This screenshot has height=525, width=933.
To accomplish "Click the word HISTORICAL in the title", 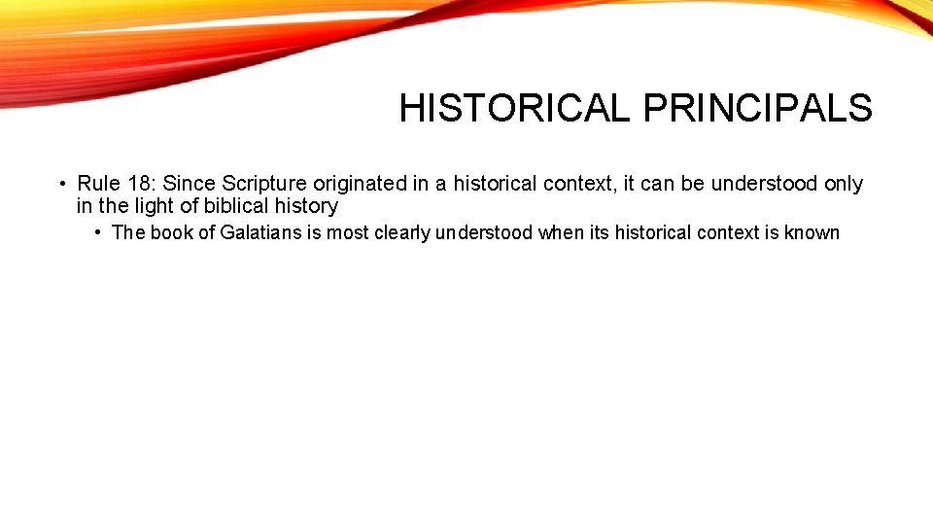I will click(x=514, y=108).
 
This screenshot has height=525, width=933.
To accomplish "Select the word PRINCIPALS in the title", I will click(x=757, y=108).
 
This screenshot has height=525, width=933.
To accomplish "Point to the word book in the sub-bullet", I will click(x=171, y=233).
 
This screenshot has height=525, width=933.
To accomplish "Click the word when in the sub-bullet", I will click(x=560, y=233).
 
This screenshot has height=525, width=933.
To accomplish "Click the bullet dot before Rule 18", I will click(x=61, y=184).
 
